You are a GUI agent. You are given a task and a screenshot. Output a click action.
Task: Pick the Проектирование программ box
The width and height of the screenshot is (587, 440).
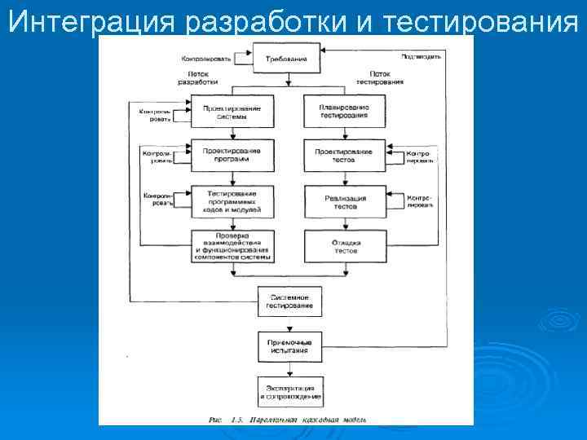232,154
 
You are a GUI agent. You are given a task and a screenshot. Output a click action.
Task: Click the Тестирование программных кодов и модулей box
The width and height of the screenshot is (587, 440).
232,201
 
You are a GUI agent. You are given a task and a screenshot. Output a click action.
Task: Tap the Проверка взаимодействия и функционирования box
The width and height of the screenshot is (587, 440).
232,247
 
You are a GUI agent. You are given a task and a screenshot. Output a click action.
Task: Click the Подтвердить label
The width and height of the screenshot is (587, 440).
421,56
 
